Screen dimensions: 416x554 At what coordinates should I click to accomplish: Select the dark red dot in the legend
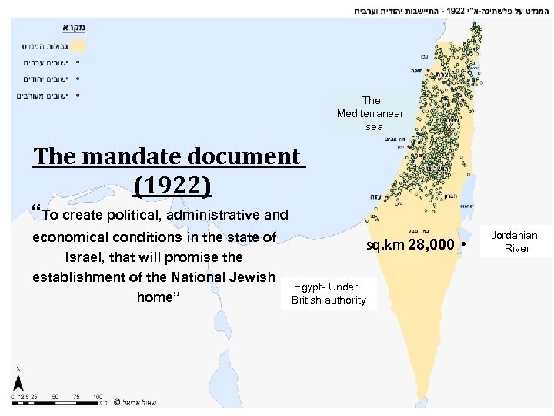click(x=78, y=96)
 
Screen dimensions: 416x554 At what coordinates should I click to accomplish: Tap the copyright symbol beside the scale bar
click(x=116, y=401)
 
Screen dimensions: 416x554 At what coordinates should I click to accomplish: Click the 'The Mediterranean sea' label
click(x=371, y=112)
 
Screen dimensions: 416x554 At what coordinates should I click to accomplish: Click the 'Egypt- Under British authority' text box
click(x=329, y=294)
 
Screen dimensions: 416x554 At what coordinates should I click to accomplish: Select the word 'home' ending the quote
click(x=154, y=297)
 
